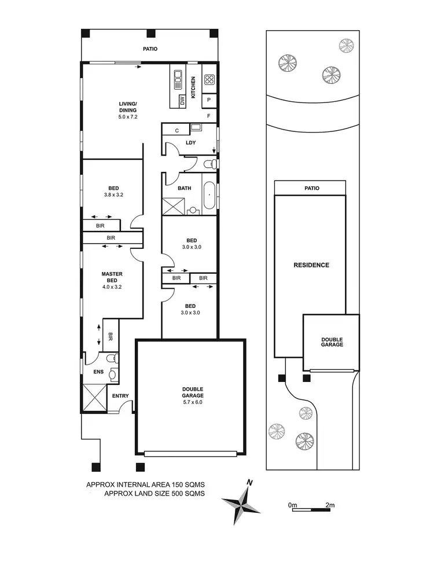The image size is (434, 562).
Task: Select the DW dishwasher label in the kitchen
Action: pos(182,101)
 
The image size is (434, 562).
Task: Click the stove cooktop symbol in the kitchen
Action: pos(209,80)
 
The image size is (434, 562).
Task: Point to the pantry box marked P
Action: pos(208,100)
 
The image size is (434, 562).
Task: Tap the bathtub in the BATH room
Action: pos(209,195)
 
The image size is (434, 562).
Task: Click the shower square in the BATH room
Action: pos(172,207)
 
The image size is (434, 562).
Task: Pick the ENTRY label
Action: pos(120,396)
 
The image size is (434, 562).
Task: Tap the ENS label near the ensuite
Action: pos(98,372)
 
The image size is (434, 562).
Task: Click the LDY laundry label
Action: pos(190,142)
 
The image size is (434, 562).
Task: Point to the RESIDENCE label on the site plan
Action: pos(311,265)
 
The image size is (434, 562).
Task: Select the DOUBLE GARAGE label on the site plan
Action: pos(332,341)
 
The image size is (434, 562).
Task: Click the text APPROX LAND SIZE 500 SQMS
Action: pos(154,494)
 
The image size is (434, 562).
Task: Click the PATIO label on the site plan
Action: pos(311,188)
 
